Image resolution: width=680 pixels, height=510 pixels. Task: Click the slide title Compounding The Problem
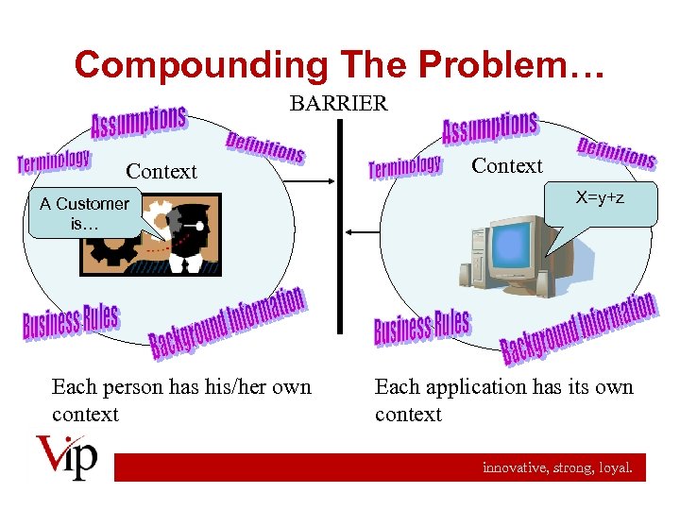point(339,64)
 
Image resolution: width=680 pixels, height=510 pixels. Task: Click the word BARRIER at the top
point(338,104)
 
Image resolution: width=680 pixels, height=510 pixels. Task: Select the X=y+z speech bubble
point(601,204)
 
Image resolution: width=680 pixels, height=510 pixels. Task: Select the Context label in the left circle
point(161,171)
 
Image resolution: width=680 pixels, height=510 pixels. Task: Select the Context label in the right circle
point(507,166)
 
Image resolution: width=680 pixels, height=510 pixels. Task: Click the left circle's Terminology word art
point(54,161)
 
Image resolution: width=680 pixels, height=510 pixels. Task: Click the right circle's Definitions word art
point(617,152)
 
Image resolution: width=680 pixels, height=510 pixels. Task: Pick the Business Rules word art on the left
point(71,322)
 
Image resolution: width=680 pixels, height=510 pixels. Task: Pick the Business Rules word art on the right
point(421,327)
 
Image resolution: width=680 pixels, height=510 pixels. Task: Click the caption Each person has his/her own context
point(181,400)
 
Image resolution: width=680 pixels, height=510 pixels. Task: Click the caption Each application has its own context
point(503,400)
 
